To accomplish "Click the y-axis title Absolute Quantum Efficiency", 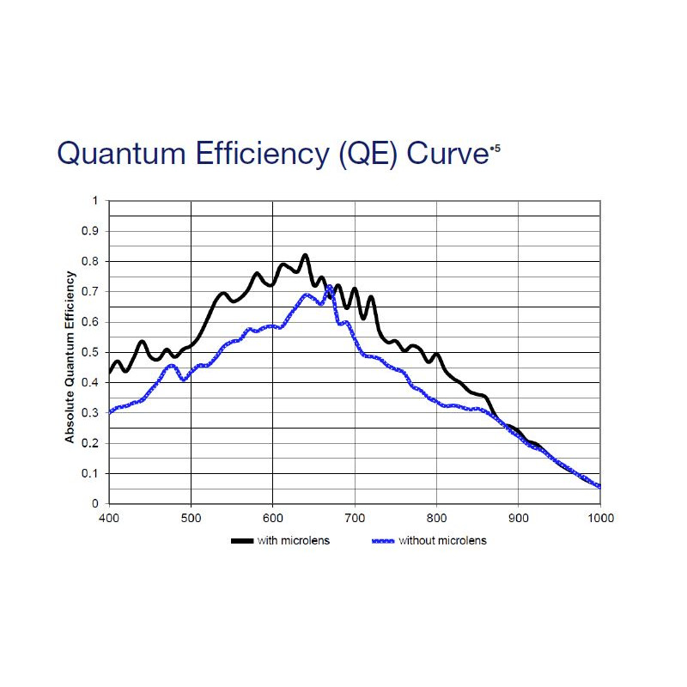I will point(70,357).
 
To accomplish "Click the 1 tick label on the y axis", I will point(94,201).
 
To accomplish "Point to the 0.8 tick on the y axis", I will point(90,261).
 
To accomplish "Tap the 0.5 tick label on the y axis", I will point(90,352).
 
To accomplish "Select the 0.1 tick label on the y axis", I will point(90,473).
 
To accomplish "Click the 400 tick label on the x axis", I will point(109,519).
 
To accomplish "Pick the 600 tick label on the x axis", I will point(272,519).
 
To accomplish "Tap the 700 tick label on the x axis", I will point(355,519).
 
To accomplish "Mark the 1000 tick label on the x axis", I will point(599,519).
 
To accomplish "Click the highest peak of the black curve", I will point(304,255).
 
